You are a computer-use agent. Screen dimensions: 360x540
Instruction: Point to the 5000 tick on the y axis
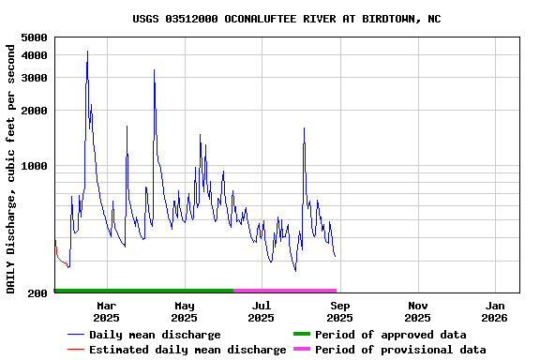tap(34, 37)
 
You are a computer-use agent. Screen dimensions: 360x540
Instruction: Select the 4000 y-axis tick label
tap(34, 55)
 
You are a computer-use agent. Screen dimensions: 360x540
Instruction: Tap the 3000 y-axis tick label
tap(34, 78)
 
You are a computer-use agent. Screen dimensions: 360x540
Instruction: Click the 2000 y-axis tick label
tap(34, 111)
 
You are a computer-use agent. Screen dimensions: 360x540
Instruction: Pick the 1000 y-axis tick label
tap(34, 166)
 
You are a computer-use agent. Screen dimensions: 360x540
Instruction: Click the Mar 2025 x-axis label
tap(107, 311)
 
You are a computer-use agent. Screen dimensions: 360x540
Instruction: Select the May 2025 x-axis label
tap(185, 311)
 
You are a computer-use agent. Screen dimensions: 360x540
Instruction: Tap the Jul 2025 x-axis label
tap(262, 311)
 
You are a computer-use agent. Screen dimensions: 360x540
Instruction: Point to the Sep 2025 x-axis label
tap(340, 311)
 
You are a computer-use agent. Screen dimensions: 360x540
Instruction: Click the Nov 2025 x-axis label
tap(418, 311)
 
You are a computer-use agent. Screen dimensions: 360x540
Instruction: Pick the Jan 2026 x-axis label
tap(496, 311)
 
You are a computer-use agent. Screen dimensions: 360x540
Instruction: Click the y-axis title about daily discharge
tap(11, 168)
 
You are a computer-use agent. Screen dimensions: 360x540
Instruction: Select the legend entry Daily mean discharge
tap(155, 335)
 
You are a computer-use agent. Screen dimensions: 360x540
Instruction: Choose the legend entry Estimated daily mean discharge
tap(187, 350)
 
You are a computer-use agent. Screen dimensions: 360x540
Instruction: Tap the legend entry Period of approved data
tap(390, 335)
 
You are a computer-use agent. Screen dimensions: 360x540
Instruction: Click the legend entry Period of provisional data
tap(400, 350)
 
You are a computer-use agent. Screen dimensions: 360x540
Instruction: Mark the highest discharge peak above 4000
tap(87, 52)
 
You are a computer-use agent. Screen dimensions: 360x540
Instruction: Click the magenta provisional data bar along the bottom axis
tap(285, 291)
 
